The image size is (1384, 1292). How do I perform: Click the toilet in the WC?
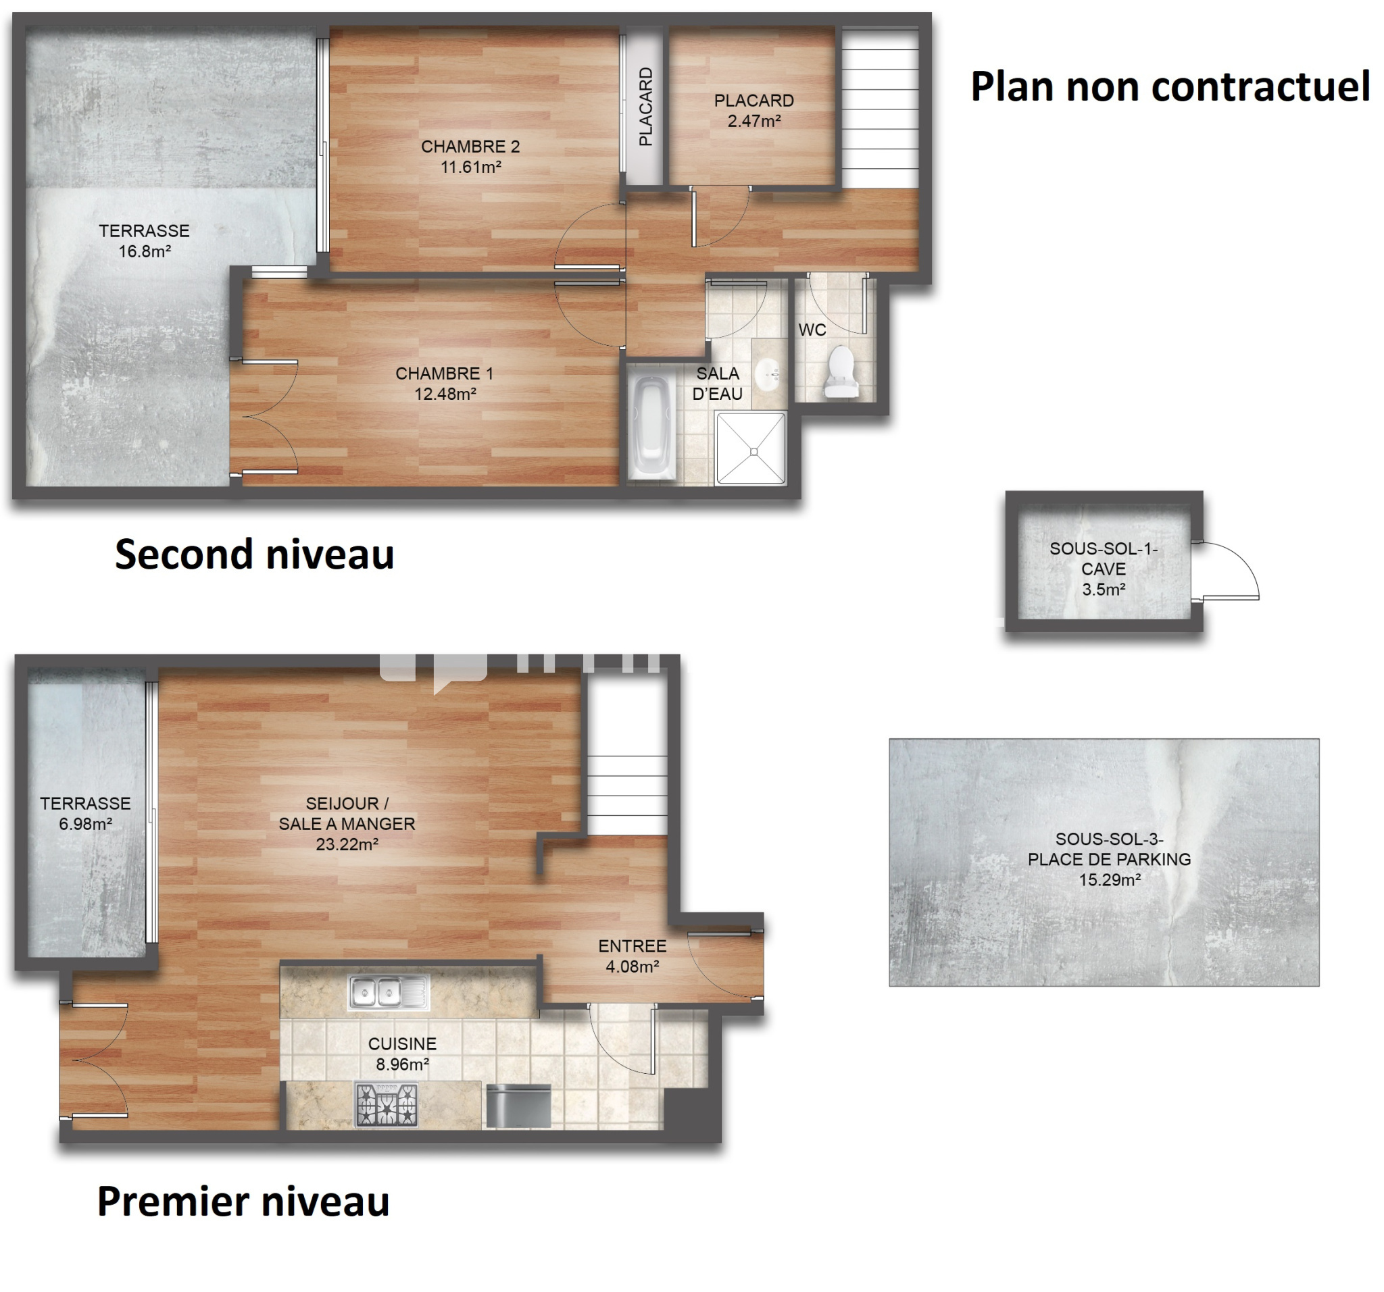(839, 372)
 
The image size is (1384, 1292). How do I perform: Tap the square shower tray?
(751, 448)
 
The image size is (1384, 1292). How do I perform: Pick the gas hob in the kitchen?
(387, 1105)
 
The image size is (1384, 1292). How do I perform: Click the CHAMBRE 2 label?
(470, 147)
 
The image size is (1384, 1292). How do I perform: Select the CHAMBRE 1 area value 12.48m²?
(445, 394)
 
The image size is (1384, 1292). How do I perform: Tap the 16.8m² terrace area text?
(145, 252)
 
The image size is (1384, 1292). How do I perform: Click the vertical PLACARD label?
(646, 107)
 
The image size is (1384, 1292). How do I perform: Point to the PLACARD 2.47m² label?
(754, 111)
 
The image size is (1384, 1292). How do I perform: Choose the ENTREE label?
(632, 946)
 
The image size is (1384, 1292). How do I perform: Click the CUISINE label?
(402, 1043)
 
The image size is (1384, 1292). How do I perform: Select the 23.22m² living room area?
(347, 845)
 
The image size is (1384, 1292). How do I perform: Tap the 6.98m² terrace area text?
(86, 825)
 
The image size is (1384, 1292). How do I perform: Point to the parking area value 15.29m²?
(1110, 880)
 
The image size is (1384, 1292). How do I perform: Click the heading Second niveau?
(255, 554)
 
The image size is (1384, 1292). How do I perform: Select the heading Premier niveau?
(243, 1201)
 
